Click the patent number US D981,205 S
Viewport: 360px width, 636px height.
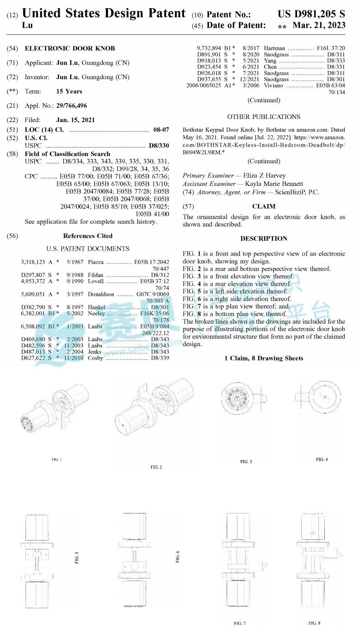pyautogui.click(x=311, y=14)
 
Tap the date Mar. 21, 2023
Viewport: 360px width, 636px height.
pyautogui.click(x=319, y=25)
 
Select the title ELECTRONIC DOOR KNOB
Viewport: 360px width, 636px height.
pyautogui.click(x=70, y=48)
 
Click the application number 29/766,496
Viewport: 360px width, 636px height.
pyautogui.click(x=71, y=106)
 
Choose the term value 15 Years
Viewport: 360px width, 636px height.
pyautogui.click(x=69, y=91)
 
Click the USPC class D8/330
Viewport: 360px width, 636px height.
pyautogui.click(x=159, y=146)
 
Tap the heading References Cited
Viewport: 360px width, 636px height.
pyautogui.click(x=88, y=236)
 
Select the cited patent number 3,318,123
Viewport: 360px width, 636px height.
pyautogui.click(x=33, y=262)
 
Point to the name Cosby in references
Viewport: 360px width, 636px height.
pyautogui.click(x=95, y=358)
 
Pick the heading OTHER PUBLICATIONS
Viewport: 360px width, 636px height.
pyautogui.click(x=264, y=117)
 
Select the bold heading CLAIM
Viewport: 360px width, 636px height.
pyautogui.click(x=264, y=206)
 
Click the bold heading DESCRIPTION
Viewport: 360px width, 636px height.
pyautogui.click(x=264, y=238)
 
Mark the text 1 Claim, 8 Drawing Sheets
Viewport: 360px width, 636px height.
pyautogui.click(x=264, y=358)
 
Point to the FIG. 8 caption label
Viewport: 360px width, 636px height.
pyautogui.click(x=314, y=623)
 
